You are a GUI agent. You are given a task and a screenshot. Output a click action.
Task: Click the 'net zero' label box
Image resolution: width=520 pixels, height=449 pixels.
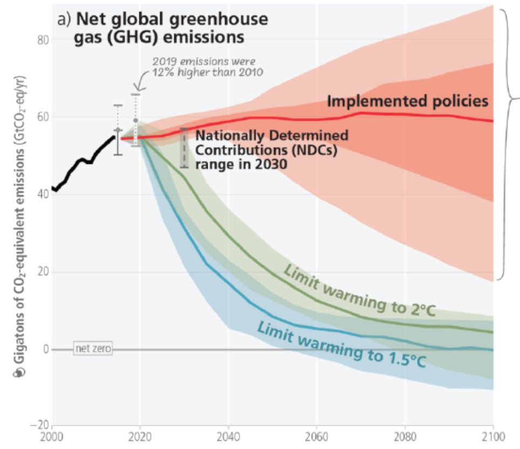(93, 349)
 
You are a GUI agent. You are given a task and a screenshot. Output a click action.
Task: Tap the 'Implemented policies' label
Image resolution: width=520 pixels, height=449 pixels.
(407, 101)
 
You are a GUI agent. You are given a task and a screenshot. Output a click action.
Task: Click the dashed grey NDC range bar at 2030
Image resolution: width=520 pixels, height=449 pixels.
(184, 148)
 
